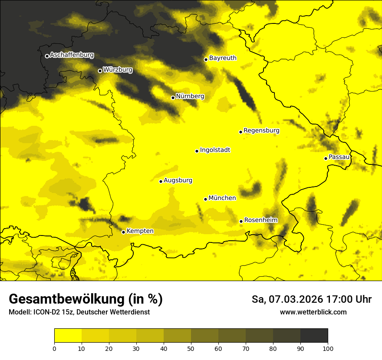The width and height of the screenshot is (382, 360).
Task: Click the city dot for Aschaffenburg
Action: click(47, 56)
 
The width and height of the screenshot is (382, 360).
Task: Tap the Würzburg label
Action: click(118, 69)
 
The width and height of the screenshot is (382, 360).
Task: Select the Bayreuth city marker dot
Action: click(206, 59)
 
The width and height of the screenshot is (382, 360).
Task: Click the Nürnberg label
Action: click(190, 96)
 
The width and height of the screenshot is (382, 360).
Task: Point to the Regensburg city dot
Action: click(240, 132)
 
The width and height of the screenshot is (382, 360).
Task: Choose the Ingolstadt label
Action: click(215, 150)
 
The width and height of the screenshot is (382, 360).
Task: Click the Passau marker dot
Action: click(326, 158)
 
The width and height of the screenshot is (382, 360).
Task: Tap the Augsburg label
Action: click(178, 180)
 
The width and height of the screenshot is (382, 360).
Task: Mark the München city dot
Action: click(205, 199)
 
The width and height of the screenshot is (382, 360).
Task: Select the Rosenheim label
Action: click(260, 220)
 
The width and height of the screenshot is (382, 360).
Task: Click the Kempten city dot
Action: click(123, 232)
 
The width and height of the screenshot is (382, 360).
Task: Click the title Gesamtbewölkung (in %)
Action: click(86, 299)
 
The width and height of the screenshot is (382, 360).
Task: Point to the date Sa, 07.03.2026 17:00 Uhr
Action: click(311, 299)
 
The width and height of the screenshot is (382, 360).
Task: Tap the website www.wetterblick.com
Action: click(313, 312)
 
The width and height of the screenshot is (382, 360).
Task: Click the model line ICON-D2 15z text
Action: click(79, 312)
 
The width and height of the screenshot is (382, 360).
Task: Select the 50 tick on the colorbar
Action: click(191, 348)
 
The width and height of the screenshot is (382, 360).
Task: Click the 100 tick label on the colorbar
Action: click(328, 348)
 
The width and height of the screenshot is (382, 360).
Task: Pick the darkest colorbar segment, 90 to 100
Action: click(314, 336)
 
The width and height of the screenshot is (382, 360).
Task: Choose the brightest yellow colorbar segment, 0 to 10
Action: click(68, 336)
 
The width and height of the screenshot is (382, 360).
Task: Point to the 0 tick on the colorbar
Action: click(54, 348)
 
